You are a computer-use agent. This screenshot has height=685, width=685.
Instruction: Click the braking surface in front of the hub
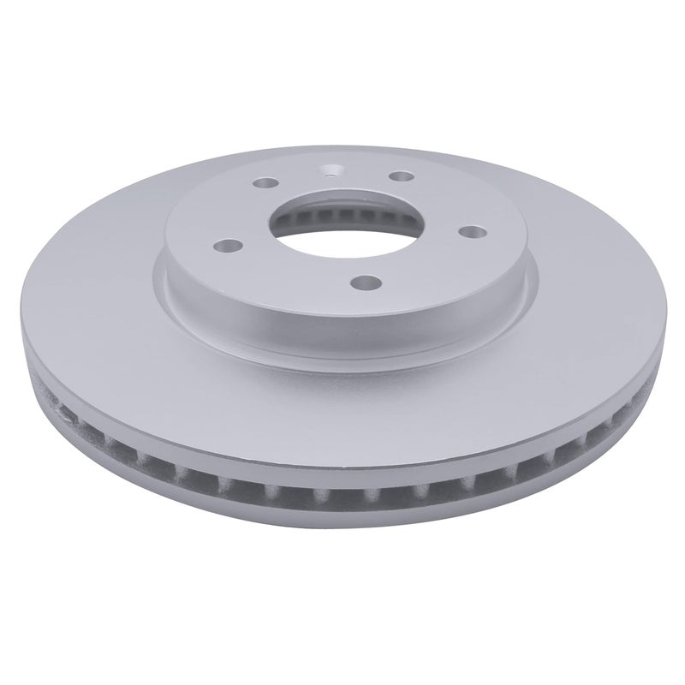(342, 385)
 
